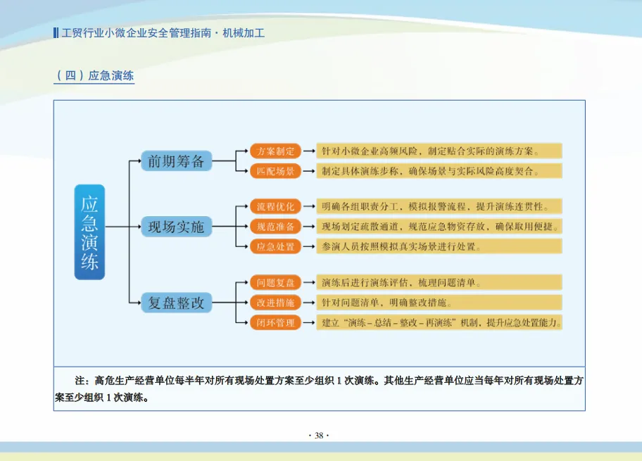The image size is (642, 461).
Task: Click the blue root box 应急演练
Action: pyautogui.click(x=89, y=232)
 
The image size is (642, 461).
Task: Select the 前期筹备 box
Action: pyautogui.click(x=176, y=161)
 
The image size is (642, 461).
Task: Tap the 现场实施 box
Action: pyautogui.click(x=176, y=227)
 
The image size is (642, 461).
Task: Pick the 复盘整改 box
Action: pyautogui.click(x=176, y=303)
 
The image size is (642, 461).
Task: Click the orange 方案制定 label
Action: pyautogui.click(x=275, y=151)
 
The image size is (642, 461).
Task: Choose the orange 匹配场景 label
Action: pyautogui.click(x=275, y=171)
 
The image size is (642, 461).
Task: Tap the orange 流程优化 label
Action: pyautogui.click(x=275, y=207)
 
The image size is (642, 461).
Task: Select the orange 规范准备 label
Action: pyautogui.click(x=275, y=227)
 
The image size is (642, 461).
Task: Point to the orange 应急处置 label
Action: pyautogui.click(x=275, y=247)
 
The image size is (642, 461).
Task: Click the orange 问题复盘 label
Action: pyautogui.click(x=275, y=283)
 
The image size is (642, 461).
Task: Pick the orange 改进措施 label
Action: pyautogui.click(x=275, y=303)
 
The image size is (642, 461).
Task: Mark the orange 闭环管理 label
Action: pyautogui.click(x=275, y=323)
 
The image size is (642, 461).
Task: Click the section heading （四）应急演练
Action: pyautogui.click(x=94, y=76)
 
